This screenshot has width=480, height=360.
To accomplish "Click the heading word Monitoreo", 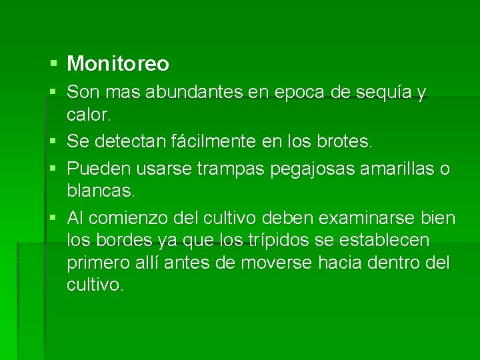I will (x=118, y=64).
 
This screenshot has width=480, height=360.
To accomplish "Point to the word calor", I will (x=89, y=115).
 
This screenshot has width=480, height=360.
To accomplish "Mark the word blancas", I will (x=101, y=191).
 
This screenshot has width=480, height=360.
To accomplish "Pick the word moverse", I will (x=276, y=263).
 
